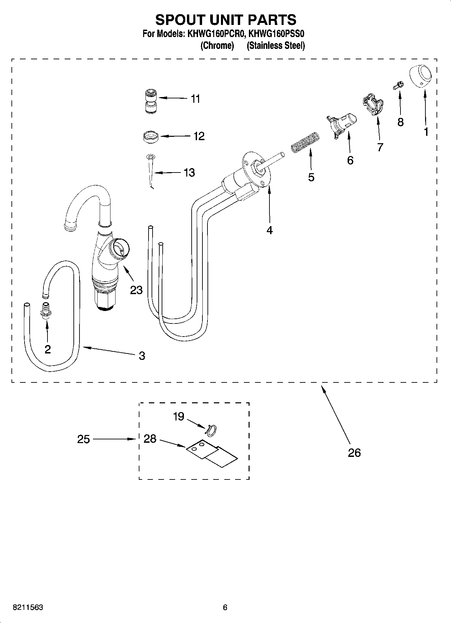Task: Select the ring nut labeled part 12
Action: tap(150, 137)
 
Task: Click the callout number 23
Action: tap(136, 290)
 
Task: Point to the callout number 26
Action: tap(354, 453)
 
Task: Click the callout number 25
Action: tap(84, 439)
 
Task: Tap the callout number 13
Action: tap(189, 173)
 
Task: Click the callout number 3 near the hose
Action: tap(142, 355)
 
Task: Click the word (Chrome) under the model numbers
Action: tap(217, 45)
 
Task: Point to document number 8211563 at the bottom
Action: tap(28, 608)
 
